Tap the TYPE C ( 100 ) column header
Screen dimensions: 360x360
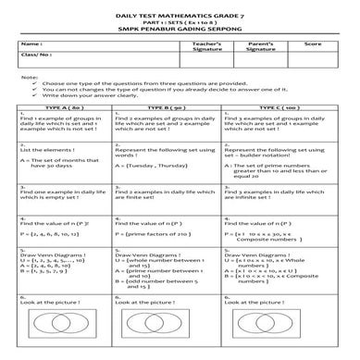coord(279,107)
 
